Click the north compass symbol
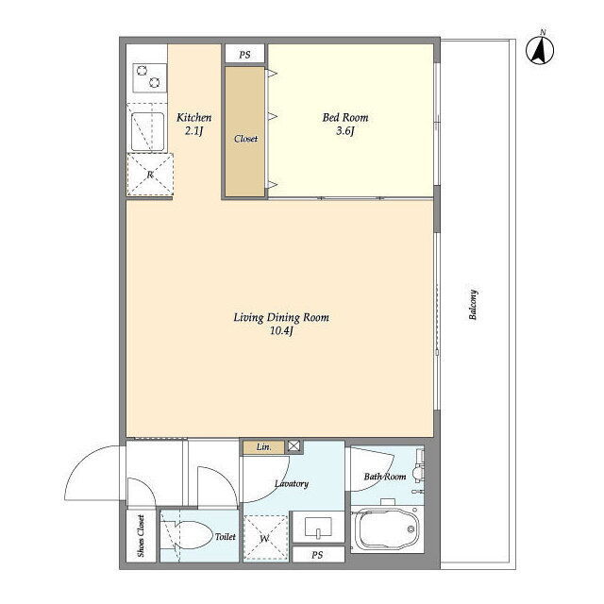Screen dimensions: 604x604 pos(540,49)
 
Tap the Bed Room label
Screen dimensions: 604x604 pos(345,117)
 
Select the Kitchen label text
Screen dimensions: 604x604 pos(193,117)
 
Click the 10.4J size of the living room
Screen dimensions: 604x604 pos(281,331)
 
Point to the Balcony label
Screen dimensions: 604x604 pos(473,305)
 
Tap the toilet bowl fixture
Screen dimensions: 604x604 pos(193,535)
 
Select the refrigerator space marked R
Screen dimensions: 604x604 pos(150,175)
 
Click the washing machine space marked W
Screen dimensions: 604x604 pos(265,538)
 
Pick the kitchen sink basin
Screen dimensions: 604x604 pos(147,131)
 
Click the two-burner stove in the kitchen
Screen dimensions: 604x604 pos(149,77)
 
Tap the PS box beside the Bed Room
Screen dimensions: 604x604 pos(245,55)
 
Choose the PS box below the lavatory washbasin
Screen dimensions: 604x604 pos(318,555)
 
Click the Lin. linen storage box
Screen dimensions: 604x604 pos(264,447)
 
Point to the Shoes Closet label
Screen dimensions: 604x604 pos(141,536)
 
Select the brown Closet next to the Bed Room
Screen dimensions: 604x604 pos(245,132)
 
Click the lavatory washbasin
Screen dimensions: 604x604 pos(318,527)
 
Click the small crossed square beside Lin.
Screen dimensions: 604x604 pos(294,446)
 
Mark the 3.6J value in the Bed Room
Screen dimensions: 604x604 pos(345,131)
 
